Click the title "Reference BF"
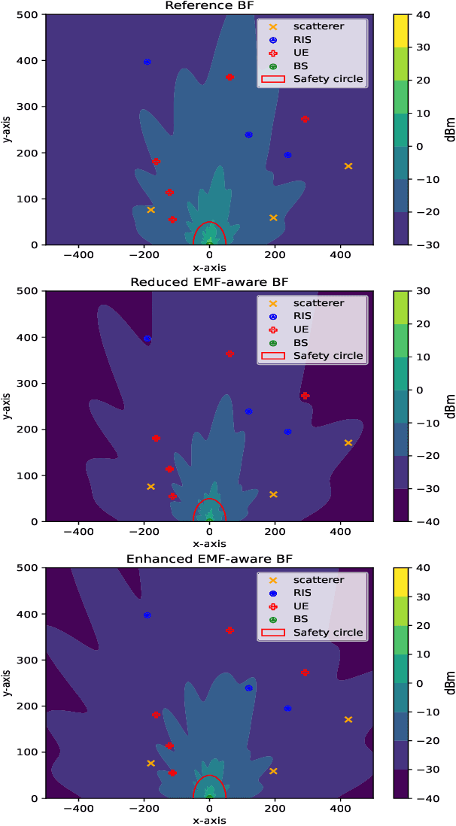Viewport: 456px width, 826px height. (209, 6)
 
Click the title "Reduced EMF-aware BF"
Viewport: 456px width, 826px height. (209, 282)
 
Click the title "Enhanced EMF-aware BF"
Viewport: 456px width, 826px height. (209, 559)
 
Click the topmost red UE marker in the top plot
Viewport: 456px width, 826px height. (230, 77)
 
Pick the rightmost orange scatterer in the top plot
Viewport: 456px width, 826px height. (348, 166)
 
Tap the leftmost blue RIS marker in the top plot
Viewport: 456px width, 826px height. (147, 62)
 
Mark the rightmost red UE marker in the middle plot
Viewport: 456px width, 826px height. (305, 396)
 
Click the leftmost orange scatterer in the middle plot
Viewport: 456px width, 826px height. (150, 487)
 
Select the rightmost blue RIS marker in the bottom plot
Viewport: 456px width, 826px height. (287, 709)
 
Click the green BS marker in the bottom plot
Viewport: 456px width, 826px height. (210, 795)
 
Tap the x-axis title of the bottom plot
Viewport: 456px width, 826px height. (209, 820)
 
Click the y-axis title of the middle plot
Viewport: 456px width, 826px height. (7, 406)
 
